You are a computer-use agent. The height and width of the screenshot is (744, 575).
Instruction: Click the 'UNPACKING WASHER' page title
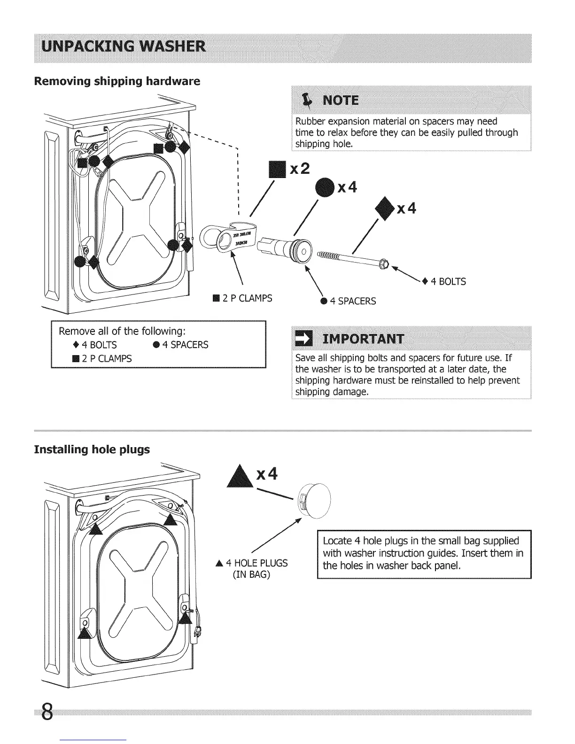tap(124, 47)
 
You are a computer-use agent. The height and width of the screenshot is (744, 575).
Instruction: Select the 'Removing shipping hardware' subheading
tap(117, 81)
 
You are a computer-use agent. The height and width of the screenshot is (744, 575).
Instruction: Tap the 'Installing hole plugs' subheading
tap(92, 449)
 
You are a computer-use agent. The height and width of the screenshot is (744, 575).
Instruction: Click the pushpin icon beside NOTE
tap(308, 100)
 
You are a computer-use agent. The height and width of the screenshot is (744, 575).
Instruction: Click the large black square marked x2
tap(277, 170)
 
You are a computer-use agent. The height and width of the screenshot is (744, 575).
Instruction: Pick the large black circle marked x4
tap(325, 188)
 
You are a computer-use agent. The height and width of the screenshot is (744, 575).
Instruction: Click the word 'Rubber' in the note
tap(310, 122)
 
